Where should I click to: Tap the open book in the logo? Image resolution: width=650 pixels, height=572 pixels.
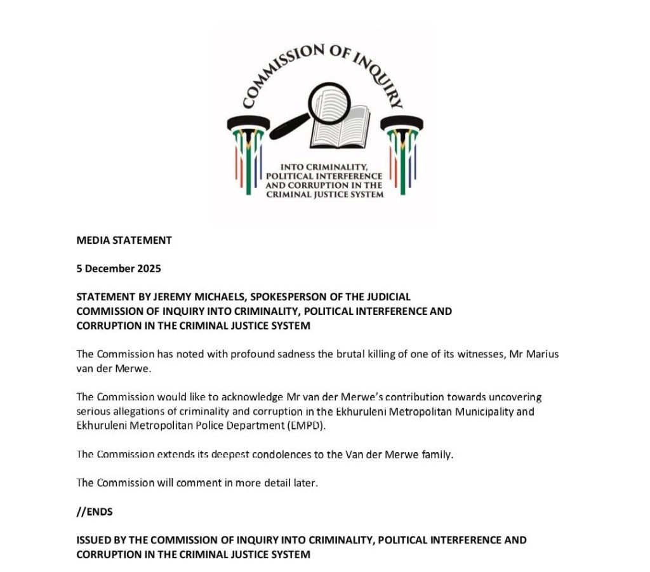click(343, 124)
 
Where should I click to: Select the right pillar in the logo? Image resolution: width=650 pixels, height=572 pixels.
click(402, 149)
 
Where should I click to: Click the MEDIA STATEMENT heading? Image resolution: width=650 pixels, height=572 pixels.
click(124, 241)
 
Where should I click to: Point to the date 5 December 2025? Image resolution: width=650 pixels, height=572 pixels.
click(119, 269)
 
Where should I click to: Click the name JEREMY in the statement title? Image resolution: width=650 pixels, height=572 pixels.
click(166, 296)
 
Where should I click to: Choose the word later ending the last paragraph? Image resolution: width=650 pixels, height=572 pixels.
click(304, 483)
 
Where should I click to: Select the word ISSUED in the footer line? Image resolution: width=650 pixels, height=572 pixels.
click(94, 540)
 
